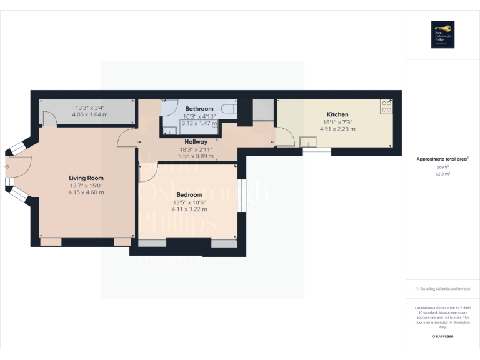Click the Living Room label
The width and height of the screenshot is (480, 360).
[86, 178]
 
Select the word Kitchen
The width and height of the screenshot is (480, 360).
[337, 114]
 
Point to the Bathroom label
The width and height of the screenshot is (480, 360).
[199, 109]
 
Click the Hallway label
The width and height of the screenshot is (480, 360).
[196, 142]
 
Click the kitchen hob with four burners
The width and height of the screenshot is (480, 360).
[386, 107]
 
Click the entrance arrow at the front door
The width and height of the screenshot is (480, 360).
[6, 167]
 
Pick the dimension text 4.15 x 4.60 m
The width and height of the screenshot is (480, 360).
[86, 192]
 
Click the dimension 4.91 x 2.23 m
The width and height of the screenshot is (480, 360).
[337, 129]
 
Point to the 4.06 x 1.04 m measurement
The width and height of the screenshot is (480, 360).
[90, 114]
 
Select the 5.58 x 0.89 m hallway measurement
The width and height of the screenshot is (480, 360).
[196, 156]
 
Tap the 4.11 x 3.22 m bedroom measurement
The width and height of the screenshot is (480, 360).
[190, 209]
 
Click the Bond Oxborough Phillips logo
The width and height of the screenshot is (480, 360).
[442, 35]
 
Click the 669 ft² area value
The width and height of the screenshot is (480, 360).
[442, 167]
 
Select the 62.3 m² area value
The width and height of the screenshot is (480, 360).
[442, 174]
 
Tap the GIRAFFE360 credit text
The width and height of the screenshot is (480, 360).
[442, 337]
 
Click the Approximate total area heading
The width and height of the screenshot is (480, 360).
[442, 159]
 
